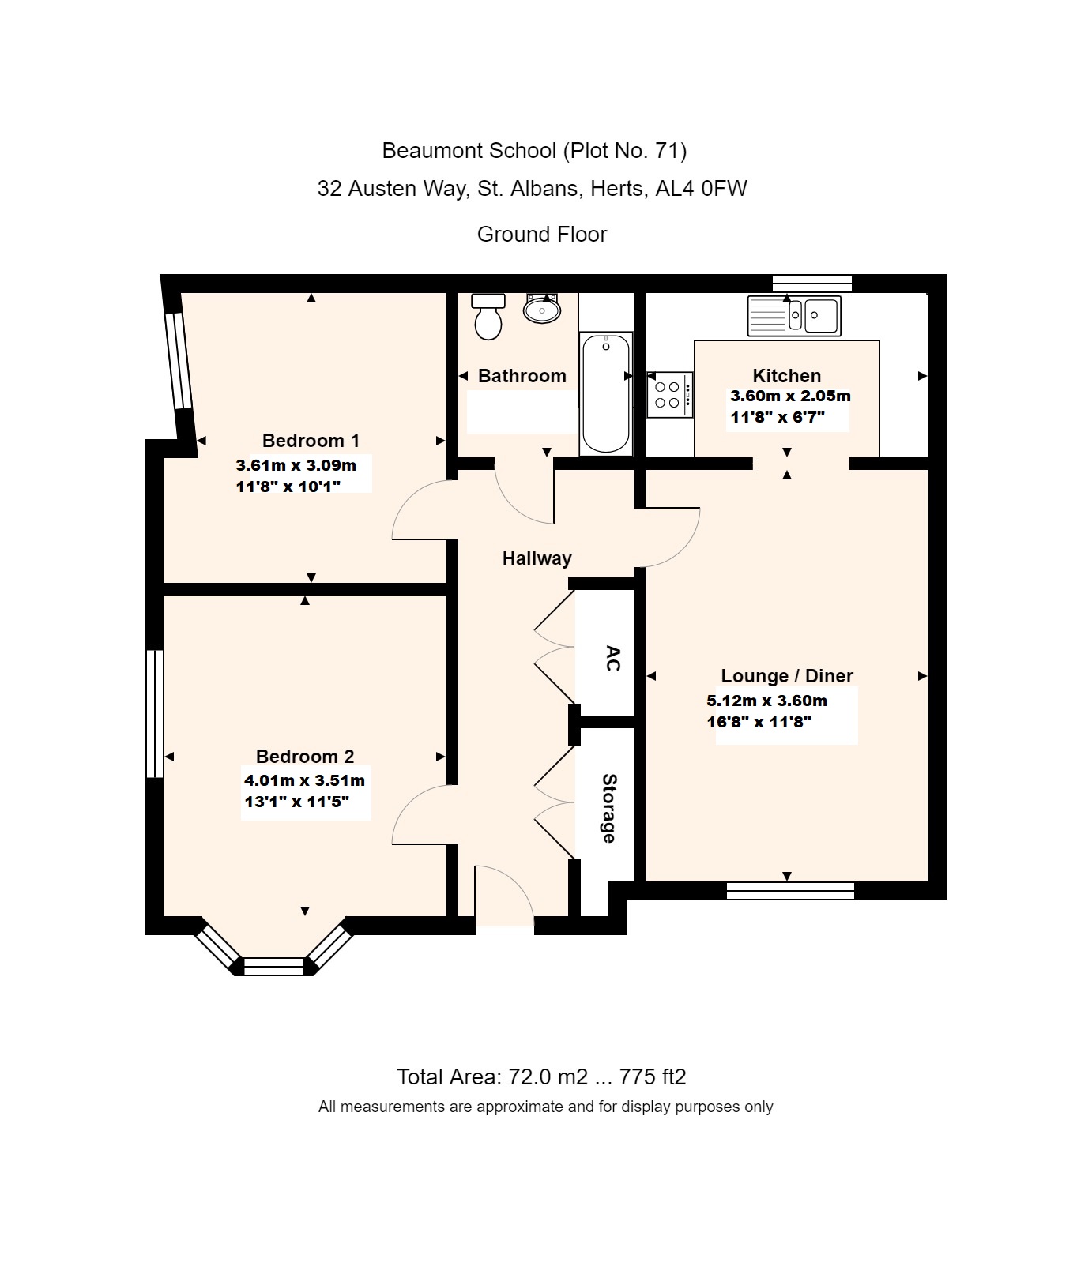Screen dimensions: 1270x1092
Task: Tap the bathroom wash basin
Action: pos(542,309)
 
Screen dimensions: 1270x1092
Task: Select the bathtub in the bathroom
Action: pos(606,393)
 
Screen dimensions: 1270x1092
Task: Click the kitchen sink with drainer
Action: pos(794,315)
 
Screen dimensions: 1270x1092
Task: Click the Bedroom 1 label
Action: pos(311,441)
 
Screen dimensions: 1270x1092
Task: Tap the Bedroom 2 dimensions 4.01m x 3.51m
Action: pos(304,781)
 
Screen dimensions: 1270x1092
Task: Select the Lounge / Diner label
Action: pos(786,676)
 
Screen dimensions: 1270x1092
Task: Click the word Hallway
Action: pos(537,558)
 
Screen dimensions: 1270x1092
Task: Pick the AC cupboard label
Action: pos(612,658)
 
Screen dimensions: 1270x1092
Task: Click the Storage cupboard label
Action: pos(609,808)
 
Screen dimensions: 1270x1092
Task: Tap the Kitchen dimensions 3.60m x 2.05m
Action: pos(789,396)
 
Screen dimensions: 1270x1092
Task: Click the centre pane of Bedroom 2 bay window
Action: pos(273,966)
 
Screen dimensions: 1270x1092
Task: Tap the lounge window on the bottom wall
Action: pos(790,891)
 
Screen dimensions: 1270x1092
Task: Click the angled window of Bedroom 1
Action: pos(178,361)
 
